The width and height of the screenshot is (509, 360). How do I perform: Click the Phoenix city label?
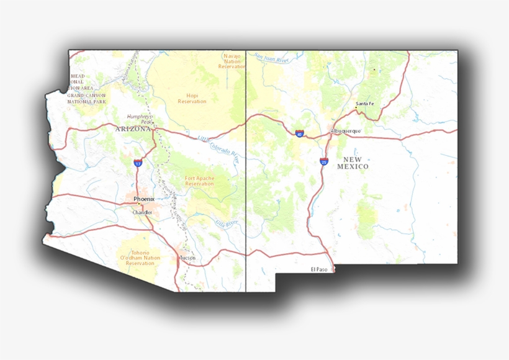[143, 199]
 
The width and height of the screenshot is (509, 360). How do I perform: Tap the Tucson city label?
[187, 257]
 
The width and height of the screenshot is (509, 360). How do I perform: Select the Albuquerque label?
[346, 131]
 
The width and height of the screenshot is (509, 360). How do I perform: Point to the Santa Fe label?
[365, 103]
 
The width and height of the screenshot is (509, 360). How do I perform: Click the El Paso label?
[318, 269]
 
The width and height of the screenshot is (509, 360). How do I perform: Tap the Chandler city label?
[142, 212]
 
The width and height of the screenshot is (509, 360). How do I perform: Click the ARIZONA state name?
[133, 128]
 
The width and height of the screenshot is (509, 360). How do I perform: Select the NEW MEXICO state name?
[353, 163]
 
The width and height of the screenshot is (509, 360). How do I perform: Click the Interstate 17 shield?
[138, 163]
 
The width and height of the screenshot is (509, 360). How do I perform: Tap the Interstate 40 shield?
[299, 133]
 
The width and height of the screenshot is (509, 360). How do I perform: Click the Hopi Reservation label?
[192, 99]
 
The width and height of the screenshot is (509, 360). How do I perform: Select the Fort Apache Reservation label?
[199, 181]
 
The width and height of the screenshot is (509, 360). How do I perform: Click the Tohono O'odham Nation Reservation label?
[140, 258]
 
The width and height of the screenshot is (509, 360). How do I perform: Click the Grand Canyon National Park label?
[87, 98]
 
